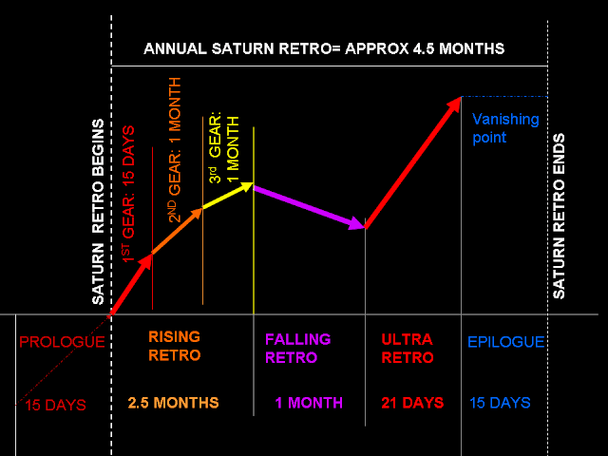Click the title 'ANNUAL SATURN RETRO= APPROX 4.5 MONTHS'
[324, 47]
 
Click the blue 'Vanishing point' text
[505, 128]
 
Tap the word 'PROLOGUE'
[62, 342]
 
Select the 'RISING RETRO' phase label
[175, 346]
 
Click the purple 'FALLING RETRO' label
[297, 348]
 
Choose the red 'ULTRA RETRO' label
[407, 348]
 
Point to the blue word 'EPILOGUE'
[505, 342]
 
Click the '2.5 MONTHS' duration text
[174, 403]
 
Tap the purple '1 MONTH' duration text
[309, 403]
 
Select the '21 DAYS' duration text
[411, 403]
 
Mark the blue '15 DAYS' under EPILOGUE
[500, 403]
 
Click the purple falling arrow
[309, 206]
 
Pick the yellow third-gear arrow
[228, 197]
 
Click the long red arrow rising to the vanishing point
[414, 161]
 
